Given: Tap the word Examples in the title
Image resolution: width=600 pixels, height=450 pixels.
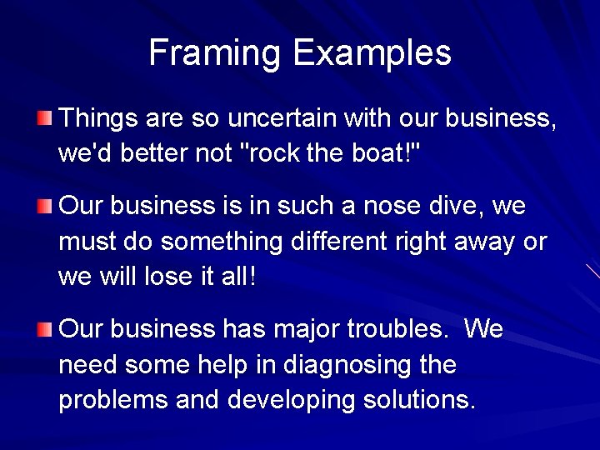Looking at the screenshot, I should [x=372, y=53].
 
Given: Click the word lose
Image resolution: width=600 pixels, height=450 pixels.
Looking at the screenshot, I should [x=187, y=277].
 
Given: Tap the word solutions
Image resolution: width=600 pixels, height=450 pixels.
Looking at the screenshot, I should [x=422, y=401].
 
